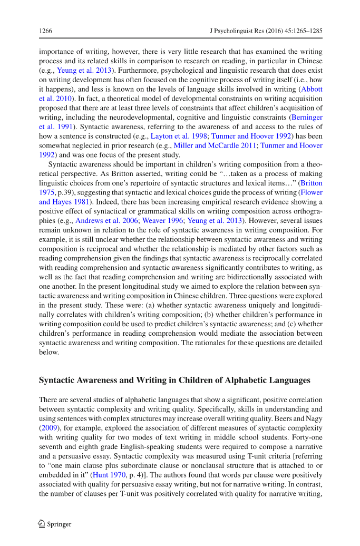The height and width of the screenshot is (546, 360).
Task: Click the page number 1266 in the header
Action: point(45,31)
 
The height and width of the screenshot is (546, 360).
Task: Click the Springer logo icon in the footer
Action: point(42,524)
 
